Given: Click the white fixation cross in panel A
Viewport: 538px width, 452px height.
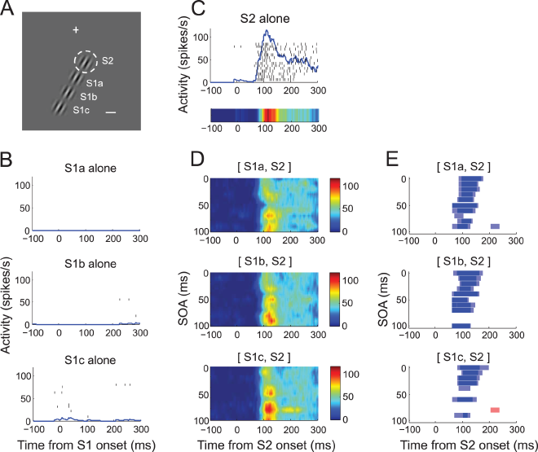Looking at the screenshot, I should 76,30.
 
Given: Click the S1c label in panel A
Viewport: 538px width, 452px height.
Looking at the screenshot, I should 82,110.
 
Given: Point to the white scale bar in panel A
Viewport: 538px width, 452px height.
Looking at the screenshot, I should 112,112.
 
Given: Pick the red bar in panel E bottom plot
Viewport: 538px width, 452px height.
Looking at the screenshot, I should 494,409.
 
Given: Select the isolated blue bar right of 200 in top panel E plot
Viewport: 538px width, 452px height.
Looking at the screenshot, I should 494,226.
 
